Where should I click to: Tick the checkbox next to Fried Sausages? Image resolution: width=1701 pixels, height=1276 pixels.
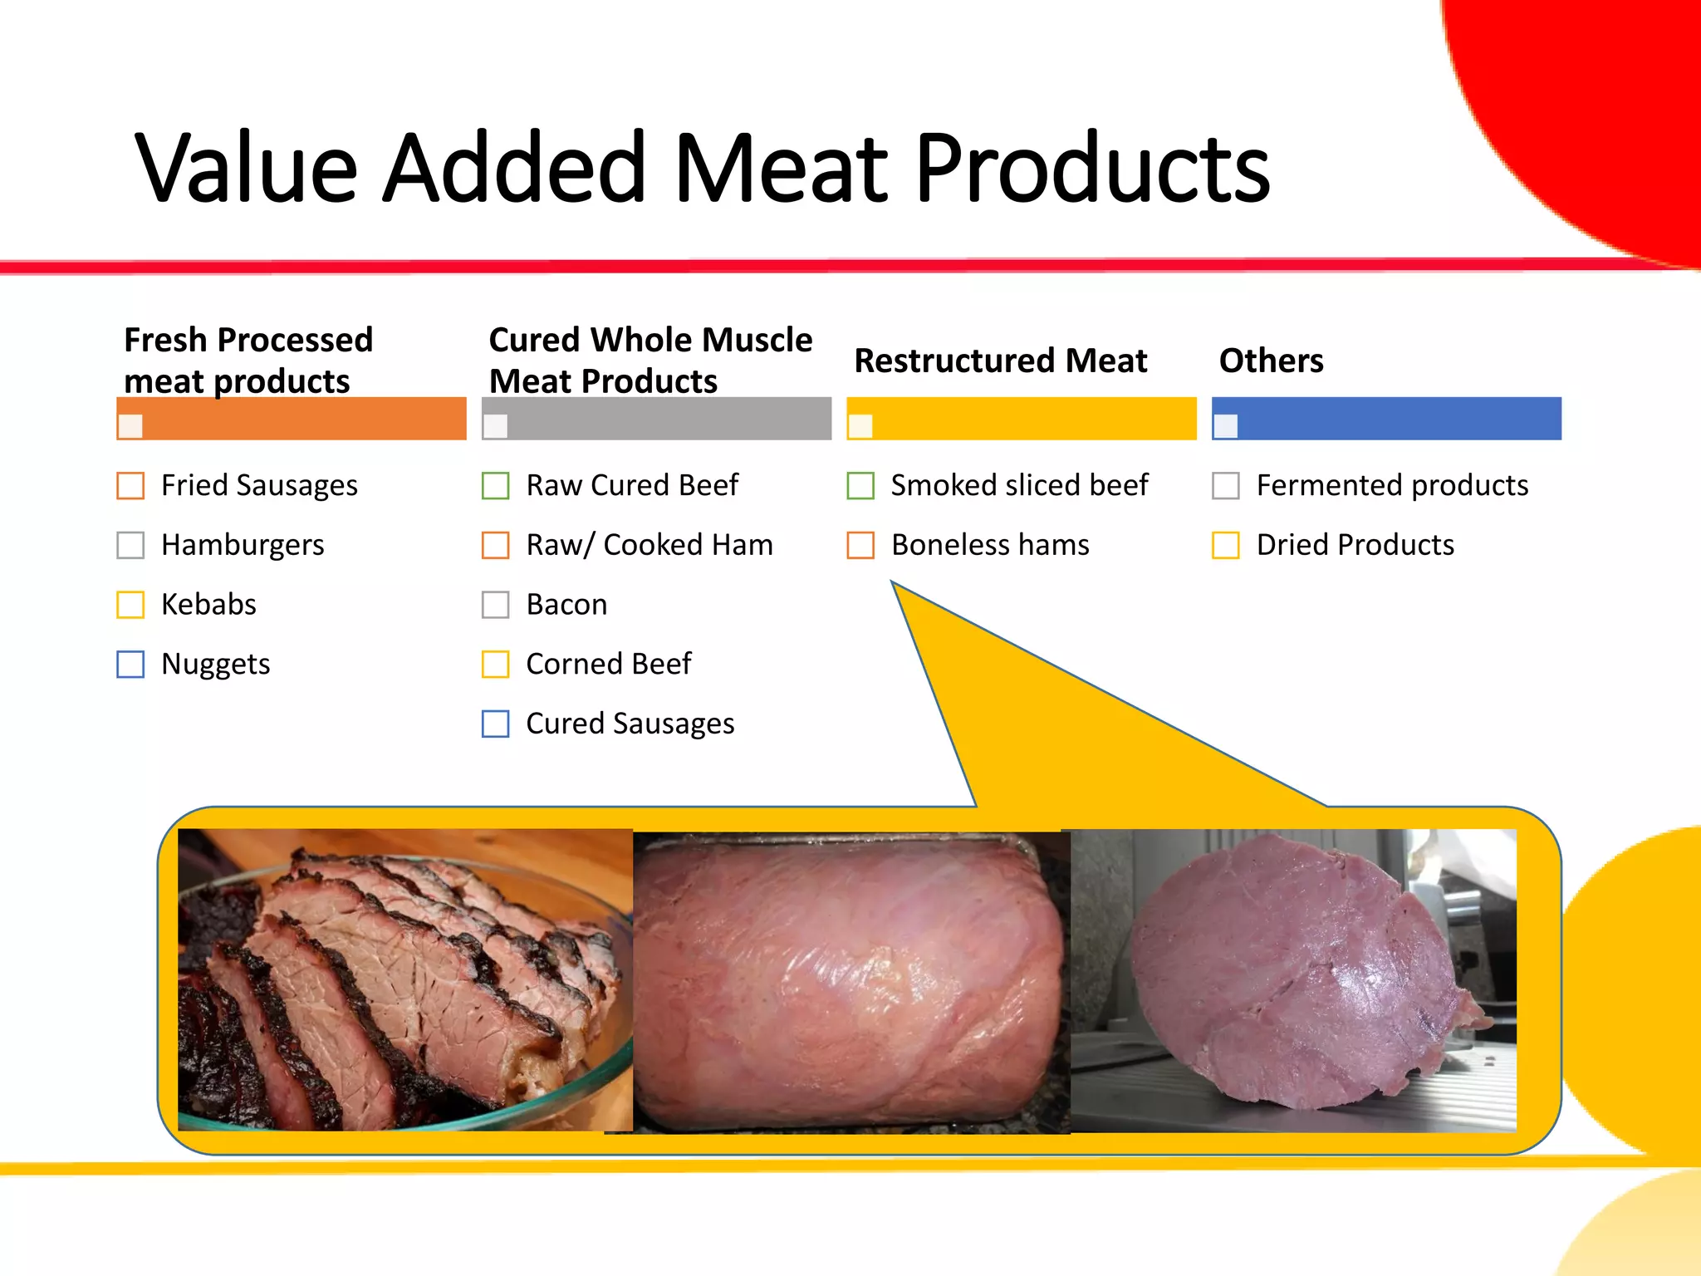130,486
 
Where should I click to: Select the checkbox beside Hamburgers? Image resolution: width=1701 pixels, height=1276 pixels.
130,546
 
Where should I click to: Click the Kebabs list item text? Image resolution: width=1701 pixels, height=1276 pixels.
208,605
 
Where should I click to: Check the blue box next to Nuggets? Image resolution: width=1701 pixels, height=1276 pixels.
130,665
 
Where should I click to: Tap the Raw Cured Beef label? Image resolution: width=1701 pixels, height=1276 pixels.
632,486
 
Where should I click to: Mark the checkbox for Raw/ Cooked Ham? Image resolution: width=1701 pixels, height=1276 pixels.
496,546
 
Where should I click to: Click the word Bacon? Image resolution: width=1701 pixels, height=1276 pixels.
566,605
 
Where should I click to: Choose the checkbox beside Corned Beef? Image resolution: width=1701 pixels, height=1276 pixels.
496,665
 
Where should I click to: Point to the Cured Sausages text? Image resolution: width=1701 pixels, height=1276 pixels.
630,724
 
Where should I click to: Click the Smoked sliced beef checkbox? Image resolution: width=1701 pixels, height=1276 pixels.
860,486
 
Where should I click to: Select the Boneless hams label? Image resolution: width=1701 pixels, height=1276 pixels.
990,546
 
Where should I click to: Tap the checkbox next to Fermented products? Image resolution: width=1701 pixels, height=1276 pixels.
1226,486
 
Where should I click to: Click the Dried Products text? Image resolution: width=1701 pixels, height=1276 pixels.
1355,546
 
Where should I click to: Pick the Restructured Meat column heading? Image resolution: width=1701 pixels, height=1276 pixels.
1000,361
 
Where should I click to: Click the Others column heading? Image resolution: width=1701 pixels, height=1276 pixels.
1271,361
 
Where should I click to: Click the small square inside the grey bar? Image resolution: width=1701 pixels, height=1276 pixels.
495,426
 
